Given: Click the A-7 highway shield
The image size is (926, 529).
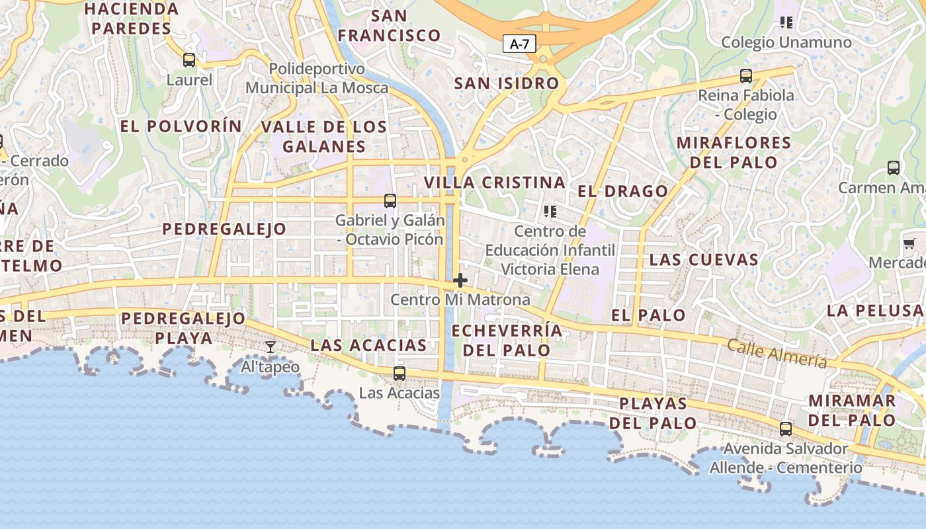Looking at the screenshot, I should point(519,44).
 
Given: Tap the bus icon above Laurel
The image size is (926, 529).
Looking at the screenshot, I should point(189,61).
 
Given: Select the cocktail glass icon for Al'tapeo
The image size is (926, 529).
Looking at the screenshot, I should point(271,347).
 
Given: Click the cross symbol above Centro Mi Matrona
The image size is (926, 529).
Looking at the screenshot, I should point(460,280).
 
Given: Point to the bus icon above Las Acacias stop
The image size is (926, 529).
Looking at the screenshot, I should point(400,374).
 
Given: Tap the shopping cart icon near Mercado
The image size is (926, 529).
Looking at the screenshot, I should point(909,244).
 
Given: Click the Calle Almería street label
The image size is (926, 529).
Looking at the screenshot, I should point(777,352).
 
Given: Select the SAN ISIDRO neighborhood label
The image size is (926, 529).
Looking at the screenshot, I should point(507,84).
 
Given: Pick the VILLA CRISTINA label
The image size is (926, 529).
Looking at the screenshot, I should point(495,183).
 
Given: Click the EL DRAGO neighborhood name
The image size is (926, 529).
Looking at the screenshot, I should point(623,192).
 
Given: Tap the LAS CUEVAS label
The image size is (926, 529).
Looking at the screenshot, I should point(704,259).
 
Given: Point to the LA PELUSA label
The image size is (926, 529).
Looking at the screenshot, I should point(874,310).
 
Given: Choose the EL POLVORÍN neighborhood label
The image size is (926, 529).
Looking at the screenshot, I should point(181,126).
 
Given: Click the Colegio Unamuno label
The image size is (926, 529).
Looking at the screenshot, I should point(786,42).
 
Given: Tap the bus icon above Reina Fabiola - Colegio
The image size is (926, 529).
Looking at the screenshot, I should point(746,76).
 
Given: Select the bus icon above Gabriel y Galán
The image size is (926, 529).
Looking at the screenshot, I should point(390,201).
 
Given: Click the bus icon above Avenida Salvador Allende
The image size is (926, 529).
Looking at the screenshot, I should point(786,429).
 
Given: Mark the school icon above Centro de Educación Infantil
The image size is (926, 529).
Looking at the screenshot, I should point(550,212).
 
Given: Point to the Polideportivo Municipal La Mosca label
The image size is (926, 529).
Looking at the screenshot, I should point(317,78).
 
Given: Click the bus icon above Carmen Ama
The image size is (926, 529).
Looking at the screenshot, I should point(894,168).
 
